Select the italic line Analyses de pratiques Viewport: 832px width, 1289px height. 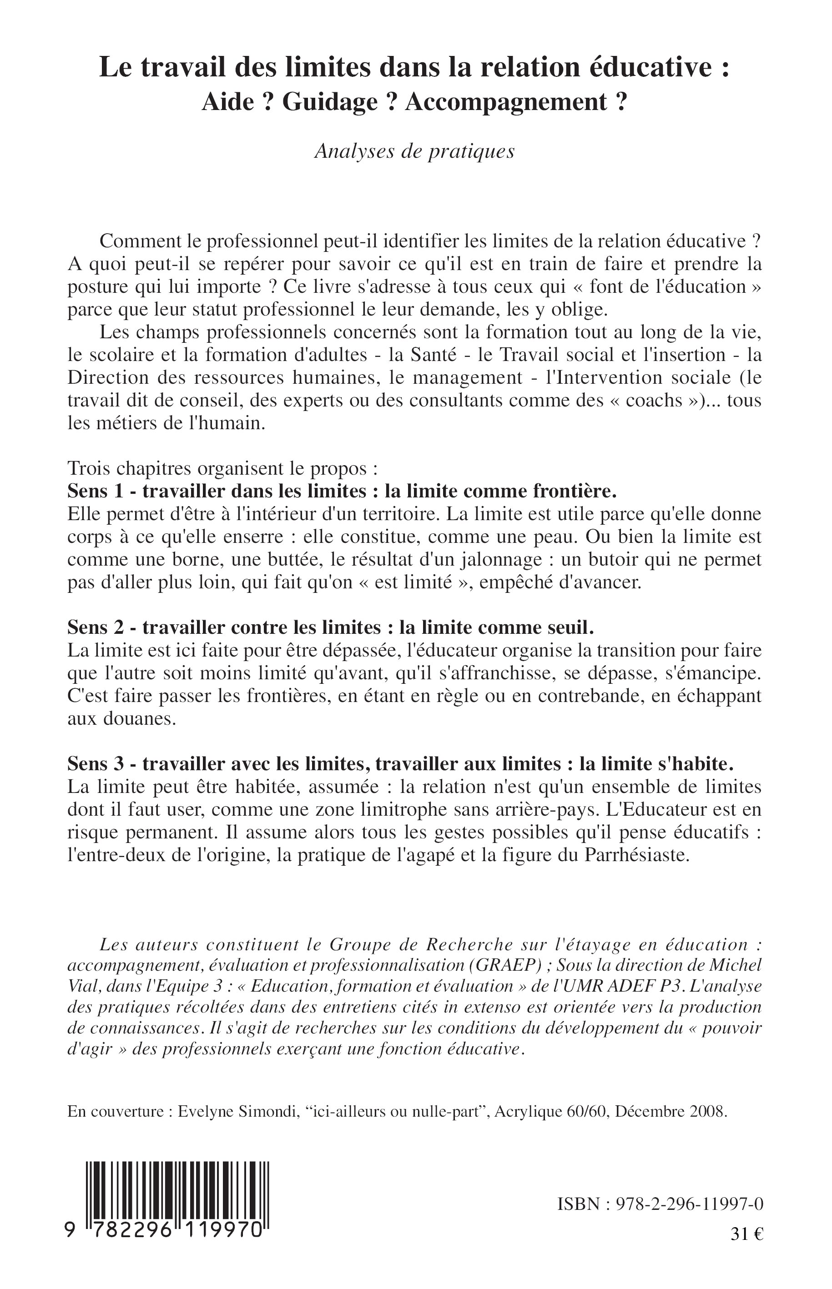click(414, 151)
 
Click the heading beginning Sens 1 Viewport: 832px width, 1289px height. click(342, 492)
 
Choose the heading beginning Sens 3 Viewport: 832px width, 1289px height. click(400, 763)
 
